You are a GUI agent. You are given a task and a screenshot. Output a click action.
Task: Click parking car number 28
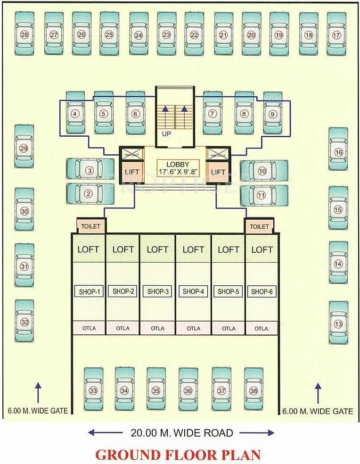pyautogui.click(x=25, y=34)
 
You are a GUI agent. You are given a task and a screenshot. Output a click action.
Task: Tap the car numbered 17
pyautogui.click(x=336, y=35)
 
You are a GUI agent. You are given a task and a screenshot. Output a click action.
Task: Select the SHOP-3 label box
pyautogui.click(x=158, y=291)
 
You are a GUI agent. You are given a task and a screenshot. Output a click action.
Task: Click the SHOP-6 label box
pyautogui.click(x=262, y=291)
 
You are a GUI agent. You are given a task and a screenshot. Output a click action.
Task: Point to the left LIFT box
pyautogui.click(x=132, y=172)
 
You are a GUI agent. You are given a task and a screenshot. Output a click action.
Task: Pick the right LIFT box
pyautogui.click(x=218, y=172)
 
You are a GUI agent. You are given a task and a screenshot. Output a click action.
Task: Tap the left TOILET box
pyautogui.click(x=91, y=226)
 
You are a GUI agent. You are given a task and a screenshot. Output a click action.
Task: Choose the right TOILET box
pyautogui.click(x=259, y=226)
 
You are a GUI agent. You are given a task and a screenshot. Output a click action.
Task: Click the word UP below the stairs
pyautogui.click(x=166, y=133)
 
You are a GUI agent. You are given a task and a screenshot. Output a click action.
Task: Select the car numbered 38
pyautogui.click(x=254, y=391)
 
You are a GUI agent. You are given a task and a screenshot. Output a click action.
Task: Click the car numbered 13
pyautogui.click(x=338, y=324)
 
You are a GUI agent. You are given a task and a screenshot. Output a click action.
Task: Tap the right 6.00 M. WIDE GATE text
pyautogui.click(x=318, y=411)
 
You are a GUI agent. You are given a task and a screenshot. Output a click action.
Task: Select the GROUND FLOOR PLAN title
pyautogui.click(x=178, y=455)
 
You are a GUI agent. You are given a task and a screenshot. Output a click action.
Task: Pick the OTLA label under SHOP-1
pyautogui.click(x=89, y=328)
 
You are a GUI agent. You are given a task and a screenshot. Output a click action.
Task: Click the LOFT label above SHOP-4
pyautogui.click(x=193, y=249)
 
